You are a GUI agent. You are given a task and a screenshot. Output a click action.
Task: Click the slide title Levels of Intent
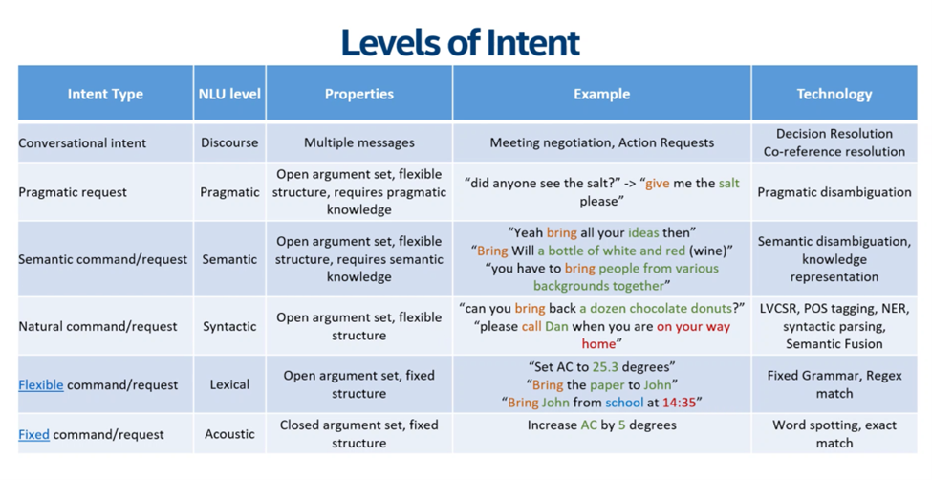tap(460, 42)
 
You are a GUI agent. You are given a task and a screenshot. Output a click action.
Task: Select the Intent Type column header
tap(105, 94)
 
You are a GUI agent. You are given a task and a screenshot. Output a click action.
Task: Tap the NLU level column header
tap(229, 94)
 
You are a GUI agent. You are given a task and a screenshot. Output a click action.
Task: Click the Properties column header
tap(358, 94)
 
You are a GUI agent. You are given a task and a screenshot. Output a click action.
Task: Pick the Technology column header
tap(834, 94)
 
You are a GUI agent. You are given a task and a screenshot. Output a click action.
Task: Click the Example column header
tap(601, 94)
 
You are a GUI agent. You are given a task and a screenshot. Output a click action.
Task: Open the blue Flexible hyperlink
tap(41, 384)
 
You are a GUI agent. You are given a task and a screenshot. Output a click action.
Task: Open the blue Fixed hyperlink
tap(33, 434)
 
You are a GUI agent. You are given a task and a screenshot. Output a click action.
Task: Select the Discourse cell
tap(229, 142)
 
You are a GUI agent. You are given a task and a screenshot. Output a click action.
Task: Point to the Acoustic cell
tap(229, 434)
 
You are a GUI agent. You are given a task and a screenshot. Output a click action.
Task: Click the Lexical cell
tap(229, 384)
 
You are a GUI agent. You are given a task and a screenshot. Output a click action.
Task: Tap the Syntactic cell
tap(229, 326)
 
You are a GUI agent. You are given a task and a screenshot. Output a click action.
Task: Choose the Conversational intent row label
tap(82, 142)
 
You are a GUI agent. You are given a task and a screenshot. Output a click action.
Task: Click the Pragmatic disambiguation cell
tap(834, 192)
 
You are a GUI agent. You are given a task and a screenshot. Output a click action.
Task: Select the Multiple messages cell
tap(358, 142)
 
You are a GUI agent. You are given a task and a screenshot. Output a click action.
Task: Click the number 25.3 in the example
tap(606, 366)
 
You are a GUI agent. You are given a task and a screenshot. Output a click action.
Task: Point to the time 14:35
tap(683, 403)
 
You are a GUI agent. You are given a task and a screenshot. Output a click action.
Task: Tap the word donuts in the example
tap(712, 308)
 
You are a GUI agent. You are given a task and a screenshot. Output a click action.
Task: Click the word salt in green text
tap(729, 184)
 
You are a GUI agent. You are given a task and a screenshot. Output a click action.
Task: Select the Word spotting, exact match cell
tap(834, 434)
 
